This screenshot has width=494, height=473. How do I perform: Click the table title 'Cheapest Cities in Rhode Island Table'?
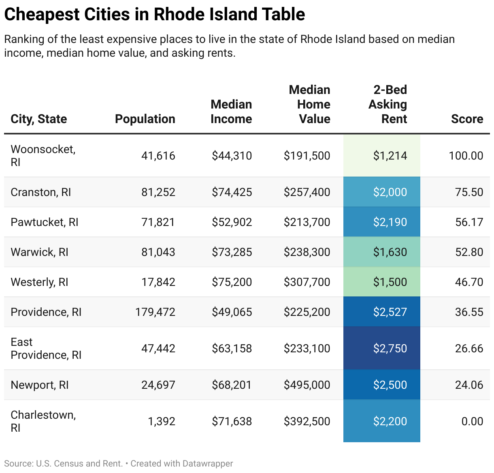(154, 15)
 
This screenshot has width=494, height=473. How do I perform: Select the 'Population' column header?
(145, 119)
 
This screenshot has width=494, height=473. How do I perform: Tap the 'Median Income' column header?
(231, 112)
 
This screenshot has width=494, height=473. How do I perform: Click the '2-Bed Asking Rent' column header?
(388, 104)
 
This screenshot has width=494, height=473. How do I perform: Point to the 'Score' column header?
(467, 119)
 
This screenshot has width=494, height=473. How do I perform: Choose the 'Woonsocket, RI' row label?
(43, 156)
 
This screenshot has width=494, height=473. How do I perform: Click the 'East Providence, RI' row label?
(46, 348)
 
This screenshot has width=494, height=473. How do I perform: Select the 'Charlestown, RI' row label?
(43, 421)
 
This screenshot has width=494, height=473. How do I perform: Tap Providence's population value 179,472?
(155, 312)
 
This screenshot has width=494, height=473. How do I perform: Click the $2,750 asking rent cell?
(390, 348)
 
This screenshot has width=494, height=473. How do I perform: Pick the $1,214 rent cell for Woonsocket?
(390, 156)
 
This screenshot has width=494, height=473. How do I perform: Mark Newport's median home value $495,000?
(307, 385)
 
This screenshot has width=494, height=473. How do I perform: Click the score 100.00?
(466, 156)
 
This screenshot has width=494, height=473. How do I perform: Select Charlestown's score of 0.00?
(472, 421)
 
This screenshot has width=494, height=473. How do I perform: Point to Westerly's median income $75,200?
(232, 282)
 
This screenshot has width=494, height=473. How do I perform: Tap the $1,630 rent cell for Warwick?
(390, 252)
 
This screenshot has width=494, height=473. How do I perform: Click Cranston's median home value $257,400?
(307, 192)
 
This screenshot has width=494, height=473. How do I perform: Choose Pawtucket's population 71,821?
(158, 222)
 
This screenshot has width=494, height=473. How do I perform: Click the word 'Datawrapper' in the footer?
(207, 463)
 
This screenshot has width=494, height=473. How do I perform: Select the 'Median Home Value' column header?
(310, 104)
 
